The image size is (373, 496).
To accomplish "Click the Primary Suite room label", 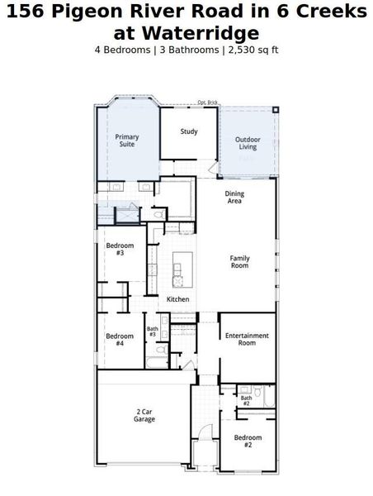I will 127,141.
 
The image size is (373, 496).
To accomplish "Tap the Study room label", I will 189,131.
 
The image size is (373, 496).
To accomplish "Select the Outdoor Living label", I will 248,143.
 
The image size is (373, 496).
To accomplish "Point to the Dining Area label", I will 234,197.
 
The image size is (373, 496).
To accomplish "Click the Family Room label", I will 239,262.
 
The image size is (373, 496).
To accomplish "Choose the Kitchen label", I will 178,299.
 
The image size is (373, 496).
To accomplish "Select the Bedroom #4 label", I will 120,339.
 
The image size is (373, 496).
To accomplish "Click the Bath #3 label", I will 153,331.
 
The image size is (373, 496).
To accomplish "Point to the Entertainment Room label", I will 248,339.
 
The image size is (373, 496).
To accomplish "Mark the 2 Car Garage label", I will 145,415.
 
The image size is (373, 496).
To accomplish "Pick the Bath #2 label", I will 246,400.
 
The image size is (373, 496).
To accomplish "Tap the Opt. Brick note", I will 206,103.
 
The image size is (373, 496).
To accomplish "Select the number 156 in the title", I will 26,12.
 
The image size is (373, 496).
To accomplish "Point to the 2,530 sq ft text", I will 253,50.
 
